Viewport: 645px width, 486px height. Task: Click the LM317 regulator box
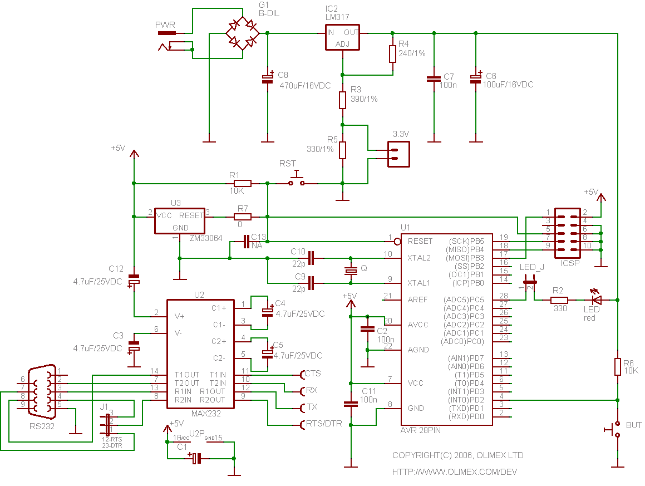pyautogui.click(x=342, y=37)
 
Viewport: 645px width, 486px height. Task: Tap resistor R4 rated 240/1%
pyautogui.click(x=392, y=54)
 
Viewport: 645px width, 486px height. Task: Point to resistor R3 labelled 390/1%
pyautogui.click(x=342, y=100)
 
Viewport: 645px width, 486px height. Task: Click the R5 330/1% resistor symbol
pyautogui.click(x=342, y=150)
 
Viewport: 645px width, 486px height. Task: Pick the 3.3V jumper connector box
pyautogui.click(x=398, y=154)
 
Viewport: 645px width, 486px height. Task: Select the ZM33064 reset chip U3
pyautogui.click(x=179, y=221)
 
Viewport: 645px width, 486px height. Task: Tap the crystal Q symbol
pyautogui.click(x=350, y=271)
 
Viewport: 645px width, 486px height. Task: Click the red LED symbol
pyautogui.click(x=597, y=300)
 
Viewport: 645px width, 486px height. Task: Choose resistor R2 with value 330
pyautogui.click(x=559, y=300)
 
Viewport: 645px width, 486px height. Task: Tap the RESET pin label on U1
pyautogui.click(x=420, y=241)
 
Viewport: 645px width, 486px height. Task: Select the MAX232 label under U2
pyautogui.click(x=205, y=414)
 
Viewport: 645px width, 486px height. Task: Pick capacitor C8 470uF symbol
pyautogui.click(x=268, y=79)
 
